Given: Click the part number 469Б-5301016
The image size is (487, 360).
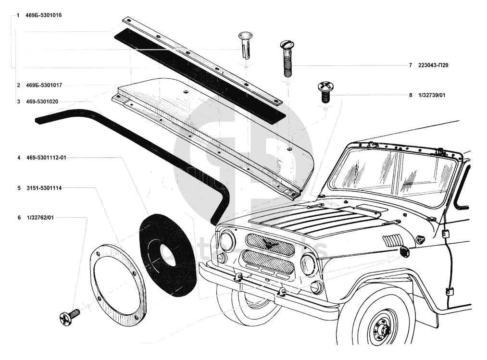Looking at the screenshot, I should coord(43,15).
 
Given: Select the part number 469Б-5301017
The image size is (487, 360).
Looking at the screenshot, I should coord(43,85).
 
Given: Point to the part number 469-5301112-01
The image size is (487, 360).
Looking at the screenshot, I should coord(46,157).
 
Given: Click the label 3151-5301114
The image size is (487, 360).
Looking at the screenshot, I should coord(44,187).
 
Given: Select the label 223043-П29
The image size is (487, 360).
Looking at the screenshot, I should coord(433,65).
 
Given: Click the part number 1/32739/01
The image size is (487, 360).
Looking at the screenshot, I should coord(432,95).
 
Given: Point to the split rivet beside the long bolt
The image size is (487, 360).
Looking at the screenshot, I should coord(246,45).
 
